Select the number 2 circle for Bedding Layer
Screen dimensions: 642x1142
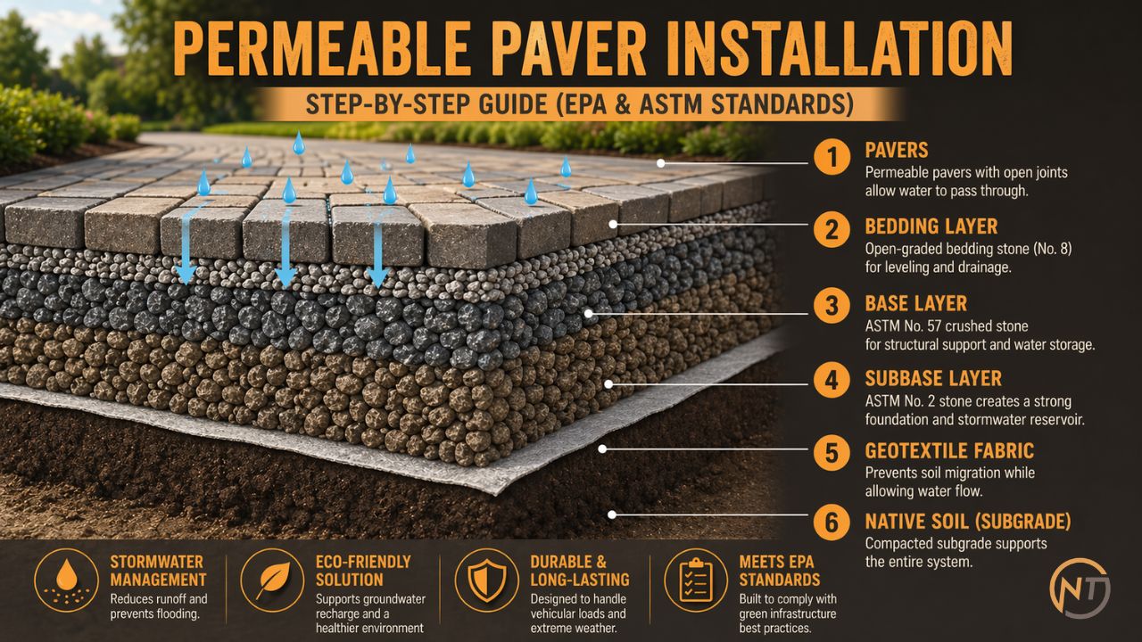(x=832, y=230)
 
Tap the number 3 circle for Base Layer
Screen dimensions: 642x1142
(x=832, y=307)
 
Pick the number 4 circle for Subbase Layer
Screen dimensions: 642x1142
(x=832, y=381)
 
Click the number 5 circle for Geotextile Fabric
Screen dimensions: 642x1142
(x=832, y=453)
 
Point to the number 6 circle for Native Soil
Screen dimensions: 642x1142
(x=832, y=522)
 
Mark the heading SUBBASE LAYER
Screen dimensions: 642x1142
(x=933, y=379)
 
